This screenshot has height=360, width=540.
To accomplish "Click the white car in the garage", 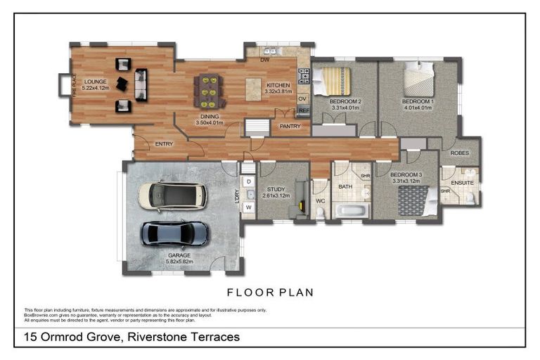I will (x=172, y=195).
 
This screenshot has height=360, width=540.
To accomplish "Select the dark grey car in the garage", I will (x=175, y=233).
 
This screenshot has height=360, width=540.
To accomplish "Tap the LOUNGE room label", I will (x=95, y=82).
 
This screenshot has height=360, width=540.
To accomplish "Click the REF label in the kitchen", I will (x=304, y=110).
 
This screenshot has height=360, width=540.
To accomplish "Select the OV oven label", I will (x=302, y=98).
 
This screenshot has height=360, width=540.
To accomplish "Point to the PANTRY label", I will (x=290, y=127).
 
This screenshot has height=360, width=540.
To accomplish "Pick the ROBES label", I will (x=460, y=152).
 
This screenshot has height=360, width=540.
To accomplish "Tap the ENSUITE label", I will (x=462, y=183).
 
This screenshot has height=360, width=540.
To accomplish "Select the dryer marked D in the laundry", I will (x=249, y=182).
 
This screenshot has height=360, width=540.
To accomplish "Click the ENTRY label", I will (x=164, y=144).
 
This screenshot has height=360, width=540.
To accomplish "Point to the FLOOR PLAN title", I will (x=269, y=292).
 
